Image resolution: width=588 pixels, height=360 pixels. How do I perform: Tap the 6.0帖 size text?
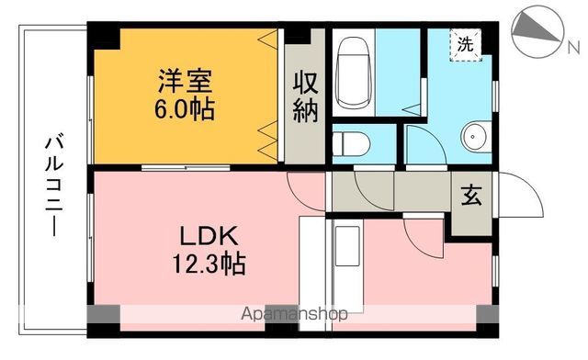tap(184, 109)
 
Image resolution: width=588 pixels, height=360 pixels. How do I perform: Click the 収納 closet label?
tap(305, 96)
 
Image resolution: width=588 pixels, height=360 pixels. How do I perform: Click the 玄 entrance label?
tap(469, 196)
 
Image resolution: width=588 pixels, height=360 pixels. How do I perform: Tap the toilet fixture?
tap(350, 145)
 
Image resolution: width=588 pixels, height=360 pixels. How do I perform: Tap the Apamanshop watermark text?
tap(294, 313)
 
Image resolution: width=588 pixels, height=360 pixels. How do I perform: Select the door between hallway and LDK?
tap(303, 193)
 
